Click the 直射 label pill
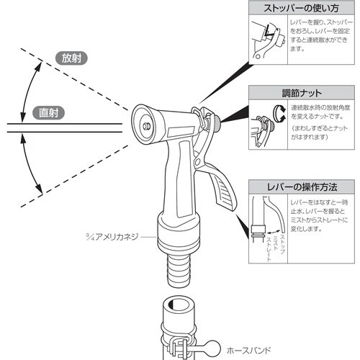click(48, 112)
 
